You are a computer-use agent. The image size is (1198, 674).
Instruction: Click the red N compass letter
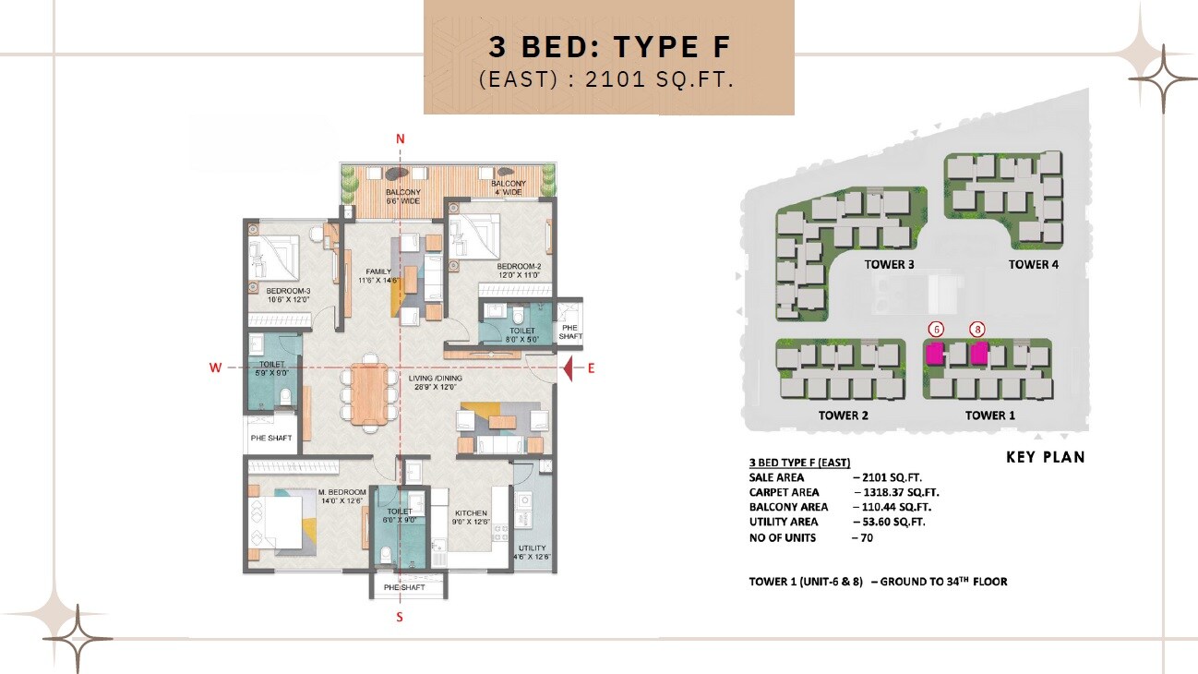pyautogui.click(x=401, y=139)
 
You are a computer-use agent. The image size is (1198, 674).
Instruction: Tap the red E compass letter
pyautogui.click(x=592, y=368)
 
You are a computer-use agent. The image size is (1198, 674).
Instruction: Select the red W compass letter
pyautogui.click(x=216, y=368)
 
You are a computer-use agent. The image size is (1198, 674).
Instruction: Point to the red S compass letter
pyautogui.click(x=400, y=618)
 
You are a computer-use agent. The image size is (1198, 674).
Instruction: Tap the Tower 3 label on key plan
pyautogui.click(x=889, y=264)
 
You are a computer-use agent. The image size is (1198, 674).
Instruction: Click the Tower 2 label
pyautogui.click(x=843, y=415)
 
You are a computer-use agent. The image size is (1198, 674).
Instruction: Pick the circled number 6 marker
pyautogui.click(x=936, y=329)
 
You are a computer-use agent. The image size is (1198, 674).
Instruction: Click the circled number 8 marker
pyautogui.click(x=976, y=329)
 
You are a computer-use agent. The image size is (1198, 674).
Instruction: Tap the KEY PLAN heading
pyautogui.click(x=1045, y=457)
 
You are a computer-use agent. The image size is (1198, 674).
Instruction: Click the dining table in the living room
pyautogui.click(x=371, y=391)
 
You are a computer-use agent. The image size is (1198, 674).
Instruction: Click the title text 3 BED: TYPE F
pyautogui.click(x=608, y=46)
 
